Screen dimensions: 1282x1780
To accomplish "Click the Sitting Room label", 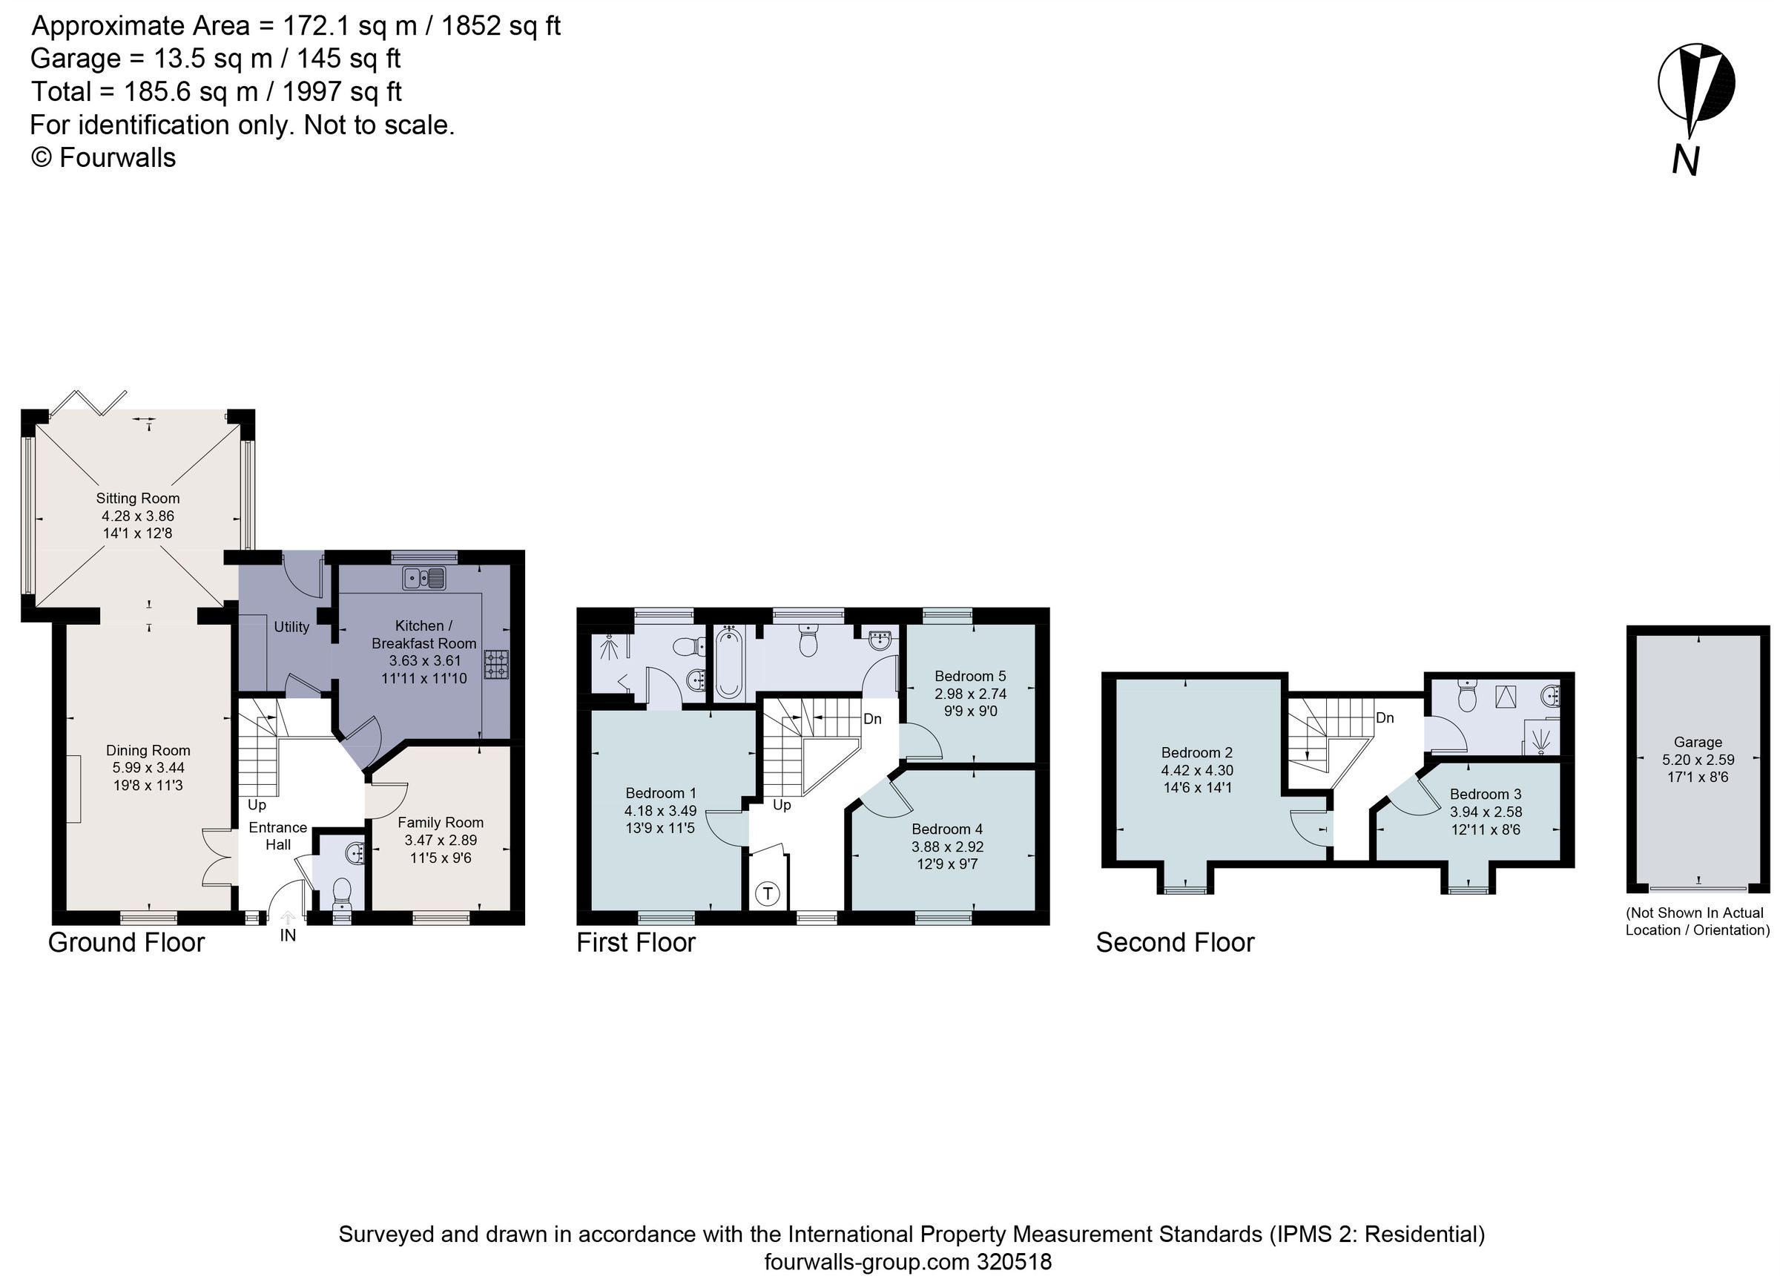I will click(138, 499).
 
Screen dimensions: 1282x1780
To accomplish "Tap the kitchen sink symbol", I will click(423, 579).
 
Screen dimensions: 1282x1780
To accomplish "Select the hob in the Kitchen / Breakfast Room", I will click(496, 664).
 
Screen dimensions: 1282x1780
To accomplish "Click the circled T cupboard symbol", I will click(768, 893).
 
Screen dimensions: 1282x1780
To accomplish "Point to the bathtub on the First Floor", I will click(729, 663).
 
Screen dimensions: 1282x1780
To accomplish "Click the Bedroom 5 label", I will click(970, 676).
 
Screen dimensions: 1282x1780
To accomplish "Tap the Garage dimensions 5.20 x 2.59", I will click(1698, 760).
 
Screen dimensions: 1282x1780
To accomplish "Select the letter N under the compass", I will click(1685, 161).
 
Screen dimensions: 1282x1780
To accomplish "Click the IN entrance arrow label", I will click(288, 935).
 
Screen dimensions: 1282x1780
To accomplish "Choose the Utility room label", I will click(291, 627).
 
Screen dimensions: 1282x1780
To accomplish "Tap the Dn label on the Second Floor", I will click(1385, 717).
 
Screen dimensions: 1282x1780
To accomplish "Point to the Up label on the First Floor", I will click(782, 805).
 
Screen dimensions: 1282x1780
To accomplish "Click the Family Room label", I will click(441, 823).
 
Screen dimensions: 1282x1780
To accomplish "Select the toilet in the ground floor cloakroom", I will click(342, 893).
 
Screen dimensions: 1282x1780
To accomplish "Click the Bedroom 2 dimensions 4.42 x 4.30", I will click(1197, 770).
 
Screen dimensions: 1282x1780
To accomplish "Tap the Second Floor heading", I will click(1175, 942).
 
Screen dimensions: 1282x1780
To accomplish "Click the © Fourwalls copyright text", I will click(103, 158).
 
